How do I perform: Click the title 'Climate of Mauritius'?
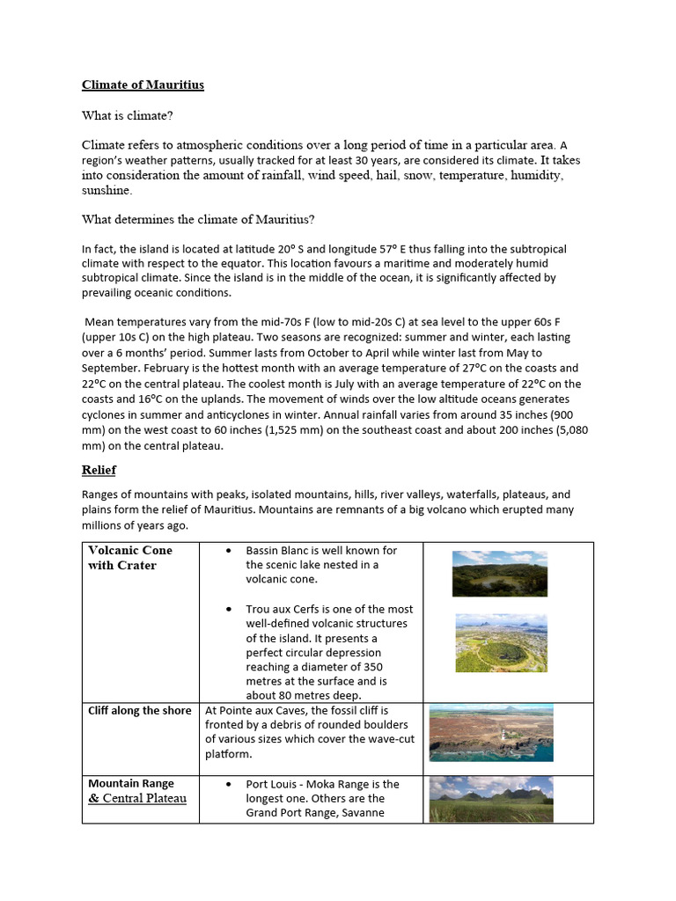pos(143,85)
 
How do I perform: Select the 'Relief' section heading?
pos(99,470)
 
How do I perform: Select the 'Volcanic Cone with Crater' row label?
pos(130,558)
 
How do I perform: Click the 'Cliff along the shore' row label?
pos(139,711)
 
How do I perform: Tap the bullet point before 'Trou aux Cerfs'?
pos(229,609)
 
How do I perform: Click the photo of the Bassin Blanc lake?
pos(499,574)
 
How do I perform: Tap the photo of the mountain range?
pos(491,799)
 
